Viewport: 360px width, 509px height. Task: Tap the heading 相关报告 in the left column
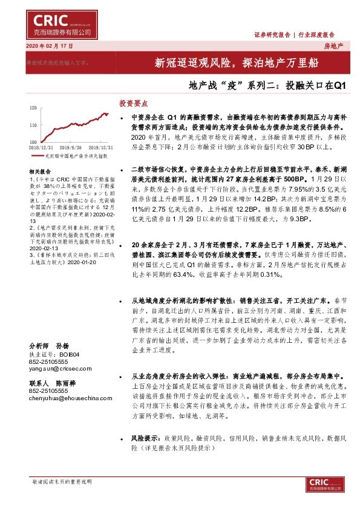coord(39,172)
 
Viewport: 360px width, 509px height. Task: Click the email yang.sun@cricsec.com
coord(57,368)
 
